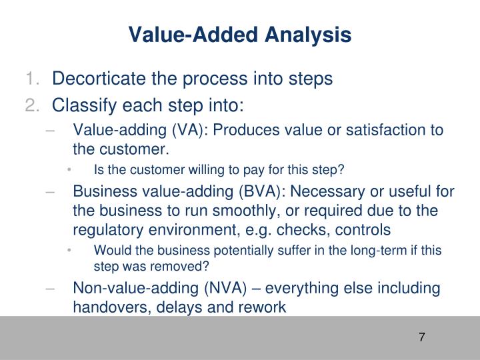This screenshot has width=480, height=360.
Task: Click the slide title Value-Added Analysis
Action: pos(239,35)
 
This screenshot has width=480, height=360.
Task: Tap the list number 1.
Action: pos(33,79)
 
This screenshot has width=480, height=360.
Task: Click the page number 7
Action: pos(422,337)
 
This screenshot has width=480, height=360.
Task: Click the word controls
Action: pos(367,230)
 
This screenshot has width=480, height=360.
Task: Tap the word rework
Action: pos(262,307)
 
